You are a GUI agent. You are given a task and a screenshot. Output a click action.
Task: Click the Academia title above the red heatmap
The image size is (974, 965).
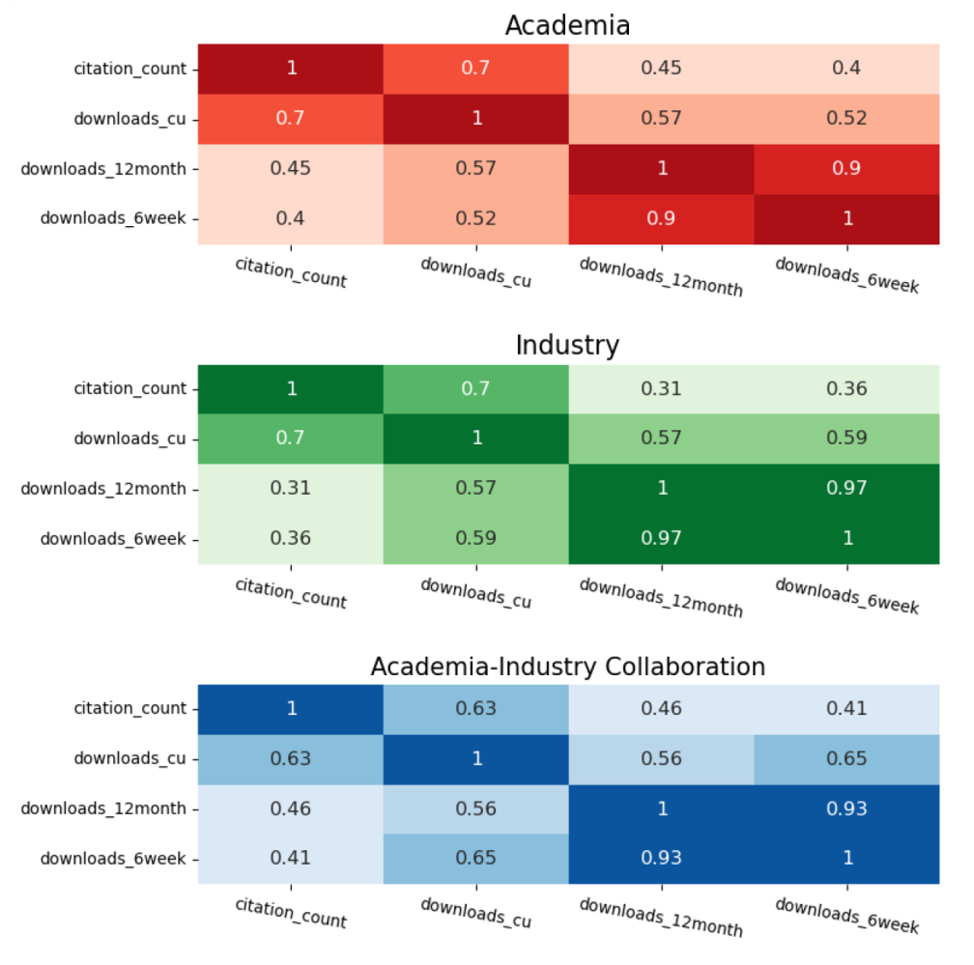pos(567,25)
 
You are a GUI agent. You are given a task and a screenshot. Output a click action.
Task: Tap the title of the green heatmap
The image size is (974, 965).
pos(567,345)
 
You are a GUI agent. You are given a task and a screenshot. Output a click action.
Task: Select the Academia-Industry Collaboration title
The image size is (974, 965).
pos(567,667)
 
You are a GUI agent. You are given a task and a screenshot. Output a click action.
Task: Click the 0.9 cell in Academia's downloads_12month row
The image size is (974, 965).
pos(847,168)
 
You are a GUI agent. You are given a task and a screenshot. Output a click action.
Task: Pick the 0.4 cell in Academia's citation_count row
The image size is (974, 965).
pos(847,68)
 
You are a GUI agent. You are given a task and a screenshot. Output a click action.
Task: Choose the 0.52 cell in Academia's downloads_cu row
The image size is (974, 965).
pos(847,118)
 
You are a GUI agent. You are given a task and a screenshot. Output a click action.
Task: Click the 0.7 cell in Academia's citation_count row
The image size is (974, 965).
pos(476,68)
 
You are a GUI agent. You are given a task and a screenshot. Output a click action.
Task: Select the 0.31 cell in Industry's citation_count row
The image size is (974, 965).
pos(662,388)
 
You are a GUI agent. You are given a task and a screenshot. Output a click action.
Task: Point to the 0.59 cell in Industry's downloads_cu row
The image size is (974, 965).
pos(847,439)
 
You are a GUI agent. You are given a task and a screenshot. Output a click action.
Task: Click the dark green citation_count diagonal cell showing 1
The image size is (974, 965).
pos(291,388)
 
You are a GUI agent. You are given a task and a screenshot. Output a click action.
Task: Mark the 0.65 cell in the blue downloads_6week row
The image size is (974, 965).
pos(476,858)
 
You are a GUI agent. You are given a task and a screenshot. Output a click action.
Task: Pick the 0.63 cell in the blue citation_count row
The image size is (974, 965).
pos(476,708)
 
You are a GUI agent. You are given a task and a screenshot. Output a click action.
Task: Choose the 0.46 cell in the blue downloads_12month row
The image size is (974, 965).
pos(291,808)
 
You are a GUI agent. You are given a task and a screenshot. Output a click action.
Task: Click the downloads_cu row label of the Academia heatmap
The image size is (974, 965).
pos(129,118)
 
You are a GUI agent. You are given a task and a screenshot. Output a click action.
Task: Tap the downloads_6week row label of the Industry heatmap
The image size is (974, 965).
pos(112,538)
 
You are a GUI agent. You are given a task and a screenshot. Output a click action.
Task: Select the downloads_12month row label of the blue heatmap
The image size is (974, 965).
pos(102,808)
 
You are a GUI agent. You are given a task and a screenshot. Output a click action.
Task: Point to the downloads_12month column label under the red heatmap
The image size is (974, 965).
pos(661,276)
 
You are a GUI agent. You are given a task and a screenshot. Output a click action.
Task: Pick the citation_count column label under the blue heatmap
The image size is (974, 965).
pos(291,913)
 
